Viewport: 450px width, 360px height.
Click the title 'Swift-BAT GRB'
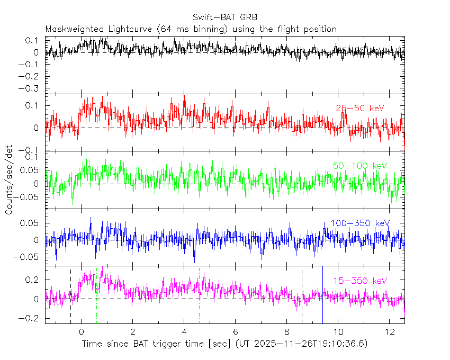point(225,18)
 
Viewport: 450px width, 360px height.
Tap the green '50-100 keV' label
point(360,166)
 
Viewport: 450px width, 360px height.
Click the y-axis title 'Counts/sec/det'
point(8,180)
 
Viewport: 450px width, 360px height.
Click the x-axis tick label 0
point(81,332)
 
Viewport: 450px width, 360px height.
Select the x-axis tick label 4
point(184,332)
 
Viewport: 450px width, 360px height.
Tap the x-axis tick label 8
point(286,332)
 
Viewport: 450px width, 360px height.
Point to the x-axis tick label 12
point(389,332)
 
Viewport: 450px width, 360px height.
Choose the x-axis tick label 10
point(338,332)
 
